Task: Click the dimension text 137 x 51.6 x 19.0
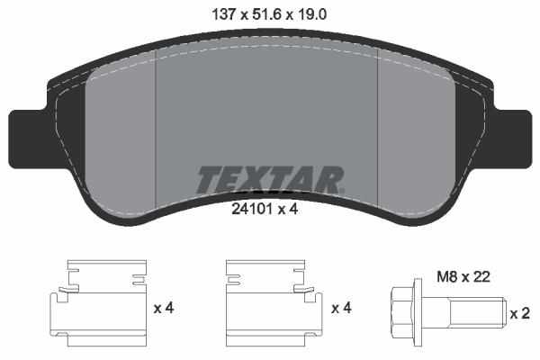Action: click(269, 13)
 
